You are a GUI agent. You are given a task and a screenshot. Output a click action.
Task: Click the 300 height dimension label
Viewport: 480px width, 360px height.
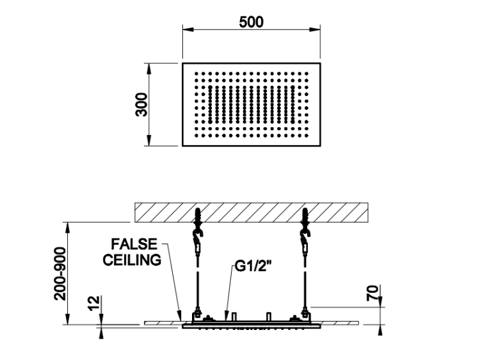142,104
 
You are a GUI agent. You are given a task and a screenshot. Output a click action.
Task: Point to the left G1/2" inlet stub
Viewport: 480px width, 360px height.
235,316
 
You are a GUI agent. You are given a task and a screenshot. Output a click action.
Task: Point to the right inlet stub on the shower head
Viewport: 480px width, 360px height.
269,316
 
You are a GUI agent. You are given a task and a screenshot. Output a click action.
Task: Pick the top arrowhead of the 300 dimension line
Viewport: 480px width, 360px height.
150,66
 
